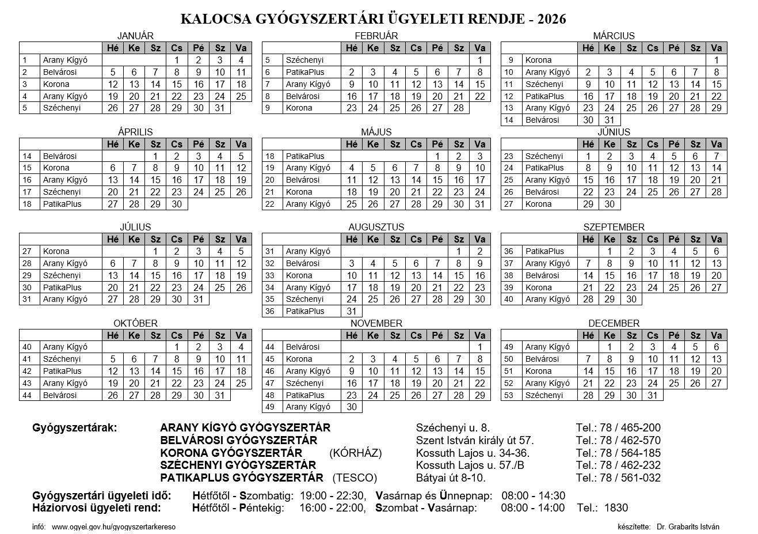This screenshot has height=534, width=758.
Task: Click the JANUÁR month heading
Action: [x=135, y=36]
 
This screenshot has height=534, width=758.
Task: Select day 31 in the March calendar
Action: [x=610, y=120]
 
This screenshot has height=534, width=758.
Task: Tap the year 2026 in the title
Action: [x=551, y=19]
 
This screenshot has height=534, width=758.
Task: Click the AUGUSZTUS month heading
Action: [x=376, y=227]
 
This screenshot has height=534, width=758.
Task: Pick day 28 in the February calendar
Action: [x=459, y=108]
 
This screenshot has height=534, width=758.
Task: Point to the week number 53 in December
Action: [x=509, y=395]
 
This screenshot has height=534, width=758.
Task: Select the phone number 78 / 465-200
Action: [x=630, y=428]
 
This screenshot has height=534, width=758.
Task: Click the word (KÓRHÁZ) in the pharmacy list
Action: [x=356, y=453]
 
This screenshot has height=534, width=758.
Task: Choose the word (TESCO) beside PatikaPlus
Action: [x=355, y=478]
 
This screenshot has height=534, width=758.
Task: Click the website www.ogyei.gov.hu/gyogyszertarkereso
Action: [x=113, y=527]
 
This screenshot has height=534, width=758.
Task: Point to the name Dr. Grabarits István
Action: [x=688, y=527]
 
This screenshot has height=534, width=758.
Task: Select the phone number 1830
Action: [x=616, y=508]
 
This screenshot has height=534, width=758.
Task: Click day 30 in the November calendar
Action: [x=352, y=407]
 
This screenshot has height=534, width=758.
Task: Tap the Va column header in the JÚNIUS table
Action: [x=716, y=144]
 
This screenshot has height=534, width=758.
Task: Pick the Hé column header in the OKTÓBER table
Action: [x=113, y=335]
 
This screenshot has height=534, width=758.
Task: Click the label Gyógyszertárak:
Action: [x=75, y=428]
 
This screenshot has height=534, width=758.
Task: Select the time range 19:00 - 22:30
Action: [x=332, y=496]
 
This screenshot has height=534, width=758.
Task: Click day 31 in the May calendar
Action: [x=480, y=204]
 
